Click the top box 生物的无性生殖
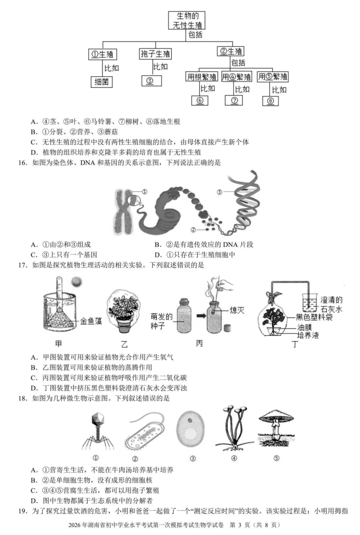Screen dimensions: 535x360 tap(186, 20)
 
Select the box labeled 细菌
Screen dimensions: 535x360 tap(102, 82)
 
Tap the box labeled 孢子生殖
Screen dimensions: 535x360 tap(155, 54)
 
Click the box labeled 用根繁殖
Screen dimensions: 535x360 tap(202, 77)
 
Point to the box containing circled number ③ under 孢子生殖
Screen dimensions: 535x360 tap(151, 81)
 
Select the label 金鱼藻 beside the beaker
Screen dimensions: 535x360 tap(91, 322)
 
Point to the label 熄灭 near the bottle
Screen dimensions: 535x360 tap(237, 311)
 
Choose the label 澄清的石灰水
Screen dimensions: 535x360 tap(331, 305)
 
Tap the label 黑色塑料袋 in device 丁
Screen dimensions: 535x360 tap(314, 317)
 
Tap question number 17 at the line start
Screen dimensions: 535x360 tap(22, 265)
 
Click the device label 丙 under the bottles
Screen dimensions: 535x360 tap(199, 344)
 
